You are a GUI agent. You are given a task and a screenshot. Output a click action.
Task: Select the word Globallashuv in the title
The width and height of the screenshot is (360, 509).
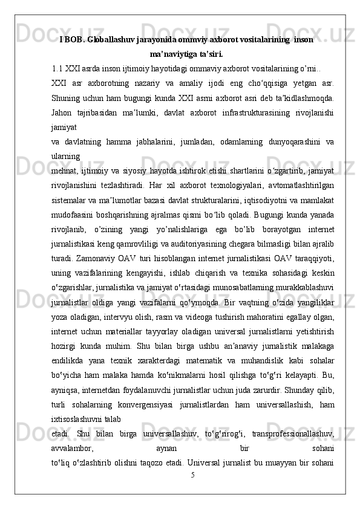110,39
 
